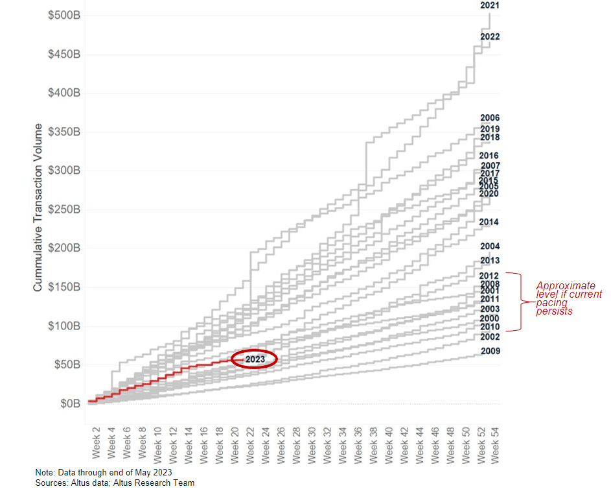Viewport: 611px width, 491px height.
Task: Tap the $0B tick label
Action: point(69,403)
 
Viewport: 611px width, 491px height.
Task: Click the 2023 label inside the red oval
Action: point(255,359)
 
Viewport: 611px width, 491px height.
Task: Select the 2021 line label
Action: point(490,5)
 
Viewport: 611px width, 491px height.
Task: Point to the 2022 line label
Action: point(490,37)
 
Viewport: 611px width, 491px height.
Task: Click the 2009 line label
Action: point(490,352)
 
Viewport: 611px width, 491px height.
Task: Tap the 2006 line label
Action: point(490,118)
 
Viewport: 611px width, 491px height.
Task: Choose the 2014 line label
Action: point(489,222)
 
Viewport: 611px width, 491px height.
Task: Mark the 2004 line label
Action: point(490,246)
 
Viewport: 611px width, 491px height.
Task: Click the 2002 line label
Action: point(490,337)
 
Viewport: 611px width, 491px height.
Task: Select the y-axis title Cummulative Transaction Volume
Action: point(38,208)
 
